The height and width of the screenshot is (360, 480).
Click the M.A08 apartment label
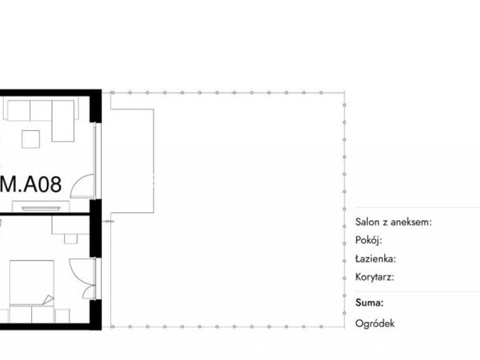point(31,184)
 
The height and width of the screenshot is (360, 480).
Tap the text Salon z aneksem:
point(394,222)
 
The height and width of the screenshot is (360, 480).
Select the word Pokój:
point(368,241)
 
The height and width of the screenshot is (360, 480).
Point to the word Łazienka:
point(376,259)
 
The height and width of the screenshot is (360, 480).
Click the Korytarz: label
point(374,277)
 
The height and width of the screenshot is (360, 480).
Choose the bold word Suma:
point(369,303)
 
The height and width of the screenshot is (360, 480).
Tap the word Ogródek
point(374,323)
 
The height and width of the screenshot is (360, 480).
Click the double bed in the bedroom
point(32,283)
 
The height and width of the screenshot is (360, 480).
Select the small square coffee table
point(31,139)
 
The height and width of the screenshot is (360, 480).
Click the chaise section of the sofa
point(63,121)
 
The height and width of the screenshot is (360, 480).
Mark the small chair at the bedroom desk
point(71,239)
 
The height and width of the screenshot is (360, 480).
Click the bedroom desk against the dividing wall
point(70,226)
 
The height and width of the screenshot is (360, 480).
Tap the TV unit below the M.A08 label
point(41,206)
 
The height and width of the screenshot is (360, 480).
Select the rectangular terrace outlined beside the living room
point(132,161)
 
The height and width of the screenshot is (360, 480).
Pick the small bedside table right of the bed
point(62,316)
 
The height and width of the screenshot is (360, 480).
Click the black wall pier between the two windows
point(95,229)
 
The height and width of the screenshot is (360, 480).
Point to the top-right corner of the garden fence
point(344,92)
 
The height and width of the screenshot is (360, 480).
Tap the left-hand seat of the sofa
point(19,110)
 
